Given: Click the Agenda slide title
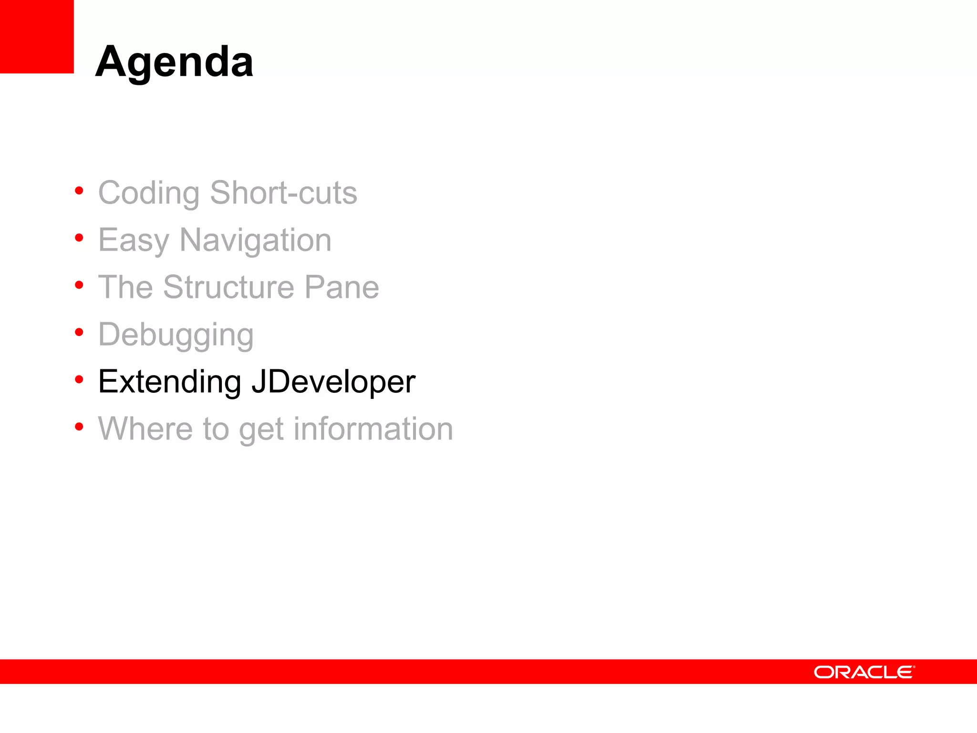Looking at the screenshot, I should pos(174,62).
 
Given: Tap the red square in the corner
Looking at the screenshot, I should pos(37,36).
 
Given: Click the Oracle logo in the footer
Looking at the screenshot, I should pos(864,672).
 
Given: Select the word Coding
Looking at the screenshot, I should pos(148,193).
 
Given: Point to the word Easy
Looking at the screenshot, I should pos(134,241).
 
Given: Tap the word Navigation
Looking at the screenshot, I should pos(255,241).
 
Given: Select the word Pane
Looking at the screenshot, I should pos(342,287).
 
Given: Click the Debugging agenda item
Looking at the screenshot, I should pos(176,335).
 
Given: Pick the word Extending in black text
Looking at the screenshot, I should pos(169,382).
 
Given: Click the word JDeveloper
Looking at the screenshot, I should pos(333,382).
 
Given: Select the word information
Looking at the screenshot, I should pos(373,429).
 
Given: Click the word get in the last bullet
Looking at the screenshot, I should pos(261,429).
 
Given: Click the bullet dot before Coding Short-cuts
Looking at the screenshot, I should pos(79,191).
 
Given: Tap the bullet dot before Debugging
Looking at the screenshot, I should pos(79,332).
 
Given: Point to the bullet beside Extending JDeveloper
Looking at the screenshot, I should pos(79,379).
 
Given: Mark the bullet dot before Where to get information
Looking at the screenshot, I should pos(79,426).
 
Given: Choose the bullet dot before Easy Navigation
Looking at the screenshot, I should pos(79,238).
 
